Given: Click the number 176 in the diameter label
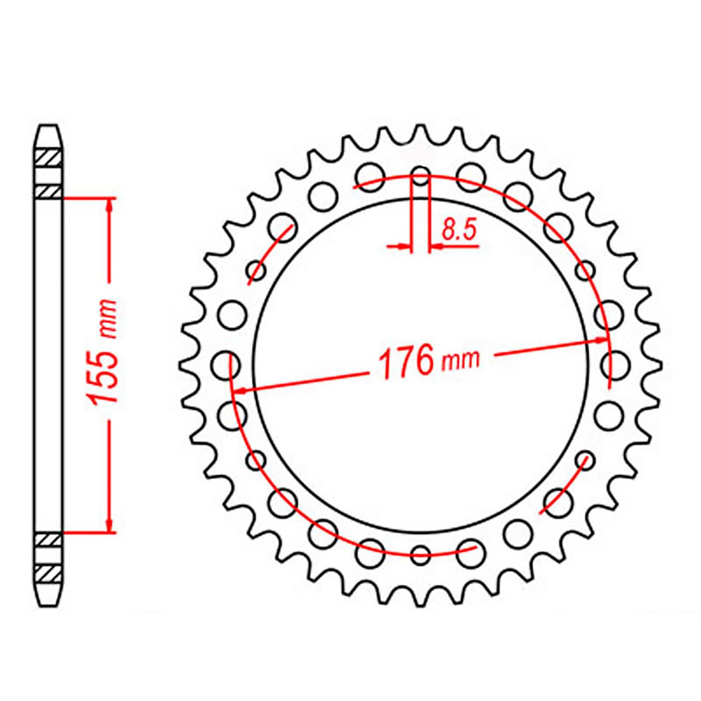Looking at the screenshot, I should coord(406,362).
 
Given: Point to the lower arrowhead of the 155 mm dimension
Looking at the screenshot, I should coord(110,525).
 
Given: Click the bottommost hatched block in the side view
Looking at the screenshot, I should coord(48,573).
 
